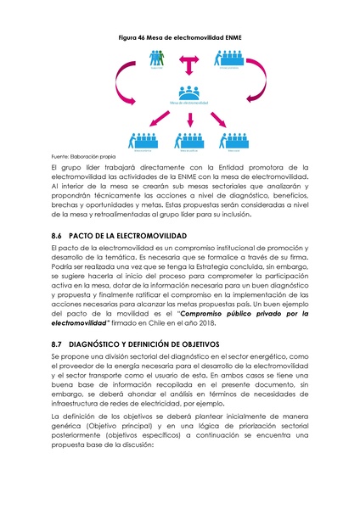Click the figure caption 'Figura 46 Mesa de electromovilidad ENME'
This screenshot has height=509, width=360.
[x=179, y=40]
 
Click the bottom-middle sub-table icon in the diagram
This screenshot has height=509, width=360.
[x=180, y=140]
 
